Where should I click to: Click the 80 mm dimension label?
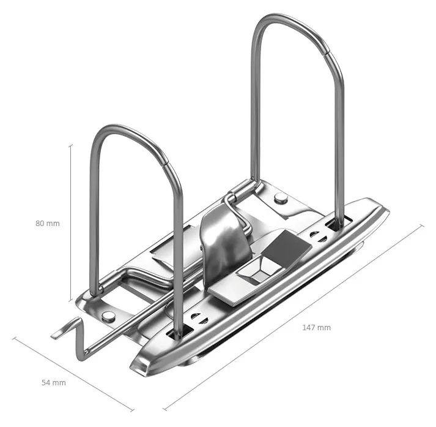[48, 224]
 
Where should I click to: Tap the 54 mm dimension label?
[54, 383]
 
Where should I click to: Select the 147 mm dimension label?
[316, 328]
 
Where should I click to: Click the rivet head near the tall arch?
[281, 198]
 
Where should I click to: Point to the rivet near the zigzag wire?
[108, 316]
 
